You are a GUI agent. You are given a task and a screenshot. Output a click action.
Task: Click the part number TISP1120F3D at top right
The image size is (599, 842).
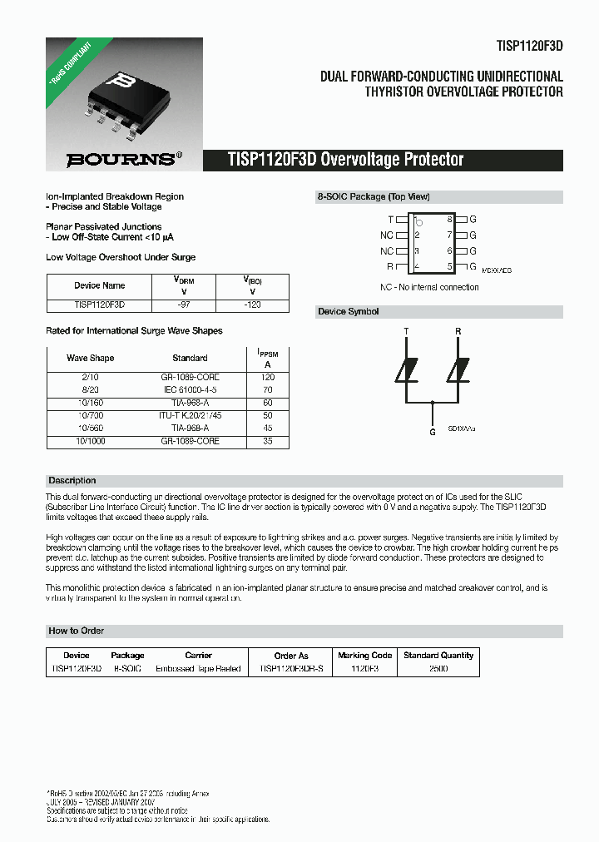[528, 48]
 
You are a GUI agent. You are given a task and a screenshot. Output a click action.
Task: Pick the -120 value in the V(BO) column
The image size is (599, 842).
[252, 305]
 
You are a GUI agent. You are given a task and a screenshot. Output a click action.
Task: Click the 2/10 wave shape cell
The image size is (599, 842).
[90, 377]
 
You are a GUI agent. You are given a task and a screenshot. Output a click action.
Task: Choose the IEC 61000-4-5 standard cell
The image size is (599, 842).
[190, 389]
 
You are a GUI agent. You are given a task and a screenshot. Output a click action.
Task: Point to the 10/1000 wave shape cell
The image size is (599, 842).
[90, 441]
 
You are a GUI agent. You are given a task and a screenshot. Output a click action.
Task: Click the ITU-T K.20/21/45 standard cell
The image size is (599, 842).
[190, 414]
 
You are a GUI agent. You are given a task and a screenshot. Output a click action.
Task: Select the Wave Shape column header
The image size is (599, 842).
[90, 358]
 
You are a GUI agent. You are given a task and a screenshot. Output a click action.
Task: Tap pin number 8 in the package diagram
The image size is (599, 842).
[449, 220]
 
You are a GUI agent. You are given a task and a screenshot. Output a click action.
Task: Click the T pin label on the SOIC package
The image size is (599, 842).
[390, 220]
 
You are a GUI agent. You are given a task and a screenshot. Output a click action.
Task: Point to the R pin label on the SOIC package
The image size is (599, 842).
[390, 267]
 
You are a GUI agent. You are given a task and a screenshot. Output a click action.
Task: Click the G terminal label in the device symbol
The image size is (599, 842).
[432, 432]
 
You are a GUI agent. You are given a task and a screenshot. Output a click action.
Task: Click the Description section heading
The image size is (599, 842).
[72, 481]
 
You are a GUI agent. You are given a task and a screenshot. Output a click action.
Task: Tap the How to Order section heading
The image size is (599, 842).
[77, 631]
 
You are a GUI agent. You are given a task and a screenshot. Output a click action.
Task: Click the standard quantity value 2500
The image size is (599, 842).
[438, 669]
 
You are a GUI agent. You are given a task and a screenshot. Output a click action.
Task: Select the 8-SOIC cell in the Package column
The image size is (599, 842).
[127, 669]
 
